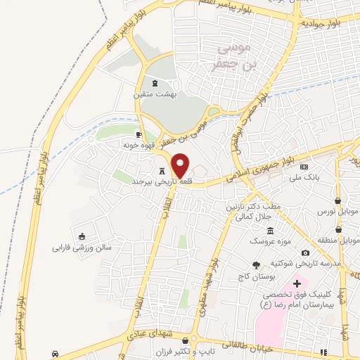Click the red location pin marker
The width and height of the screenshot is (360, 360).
[x=181, y=166]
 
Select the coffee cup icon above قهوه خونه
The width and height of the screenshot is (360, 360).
[x=139, y=134]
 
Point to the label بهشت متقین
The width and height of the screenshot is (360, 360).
[x=156, y=94]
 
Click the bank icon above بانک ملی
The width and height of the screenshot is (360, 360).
[x=304, y=167]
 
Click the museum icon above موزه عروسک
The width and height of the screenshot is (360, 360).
[x=270, y=231]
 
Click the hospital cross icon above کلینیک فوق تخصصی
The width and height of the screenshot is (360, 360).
[x=297, y=283]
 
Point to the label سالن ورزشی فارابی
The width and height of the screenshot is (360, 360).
[x=82, y=247]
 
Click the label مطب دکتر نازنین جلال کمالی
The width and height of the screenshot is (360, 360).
[x=248, y=212]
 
